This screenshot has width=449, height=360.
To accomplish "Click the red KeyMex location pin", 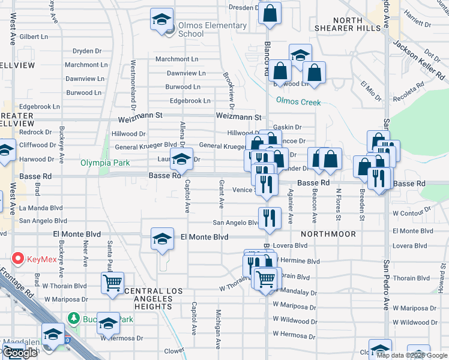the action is click(x=17, y=259).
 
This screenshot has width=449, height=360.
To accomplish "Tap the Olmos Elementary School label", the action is click(x=212, y=29).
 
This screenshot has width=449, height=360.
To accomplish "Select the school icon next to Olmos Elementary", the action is click(x=161, y=20).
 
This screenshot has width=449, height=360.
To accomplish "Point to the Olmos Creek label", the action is click(x=298, y=102).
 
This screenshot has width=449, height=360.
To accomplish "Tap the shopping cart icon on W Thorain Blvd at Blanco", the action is click(x=265, y=278).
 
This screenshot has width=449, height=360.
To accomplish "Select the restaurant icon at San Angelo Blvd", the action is click(x=270, y=218).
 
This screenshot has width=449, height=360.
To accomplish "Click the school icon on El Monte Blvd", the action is click(x=161, y=239).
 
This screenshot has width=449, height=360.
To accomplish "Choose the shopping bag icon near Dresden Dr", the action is click(x=270, y=12).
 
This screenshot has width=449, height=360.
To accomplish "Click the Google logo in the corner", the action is click(x=20, y=353).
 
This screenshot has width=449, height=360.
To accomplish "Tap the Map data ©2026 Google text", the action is click(x=412, y=355).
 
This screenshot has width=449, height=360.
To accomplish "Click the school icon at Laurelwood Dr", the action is click(x=181, y=159).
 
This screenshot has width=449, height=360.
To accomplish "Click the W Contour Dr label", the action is click(x=412, y=213).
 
